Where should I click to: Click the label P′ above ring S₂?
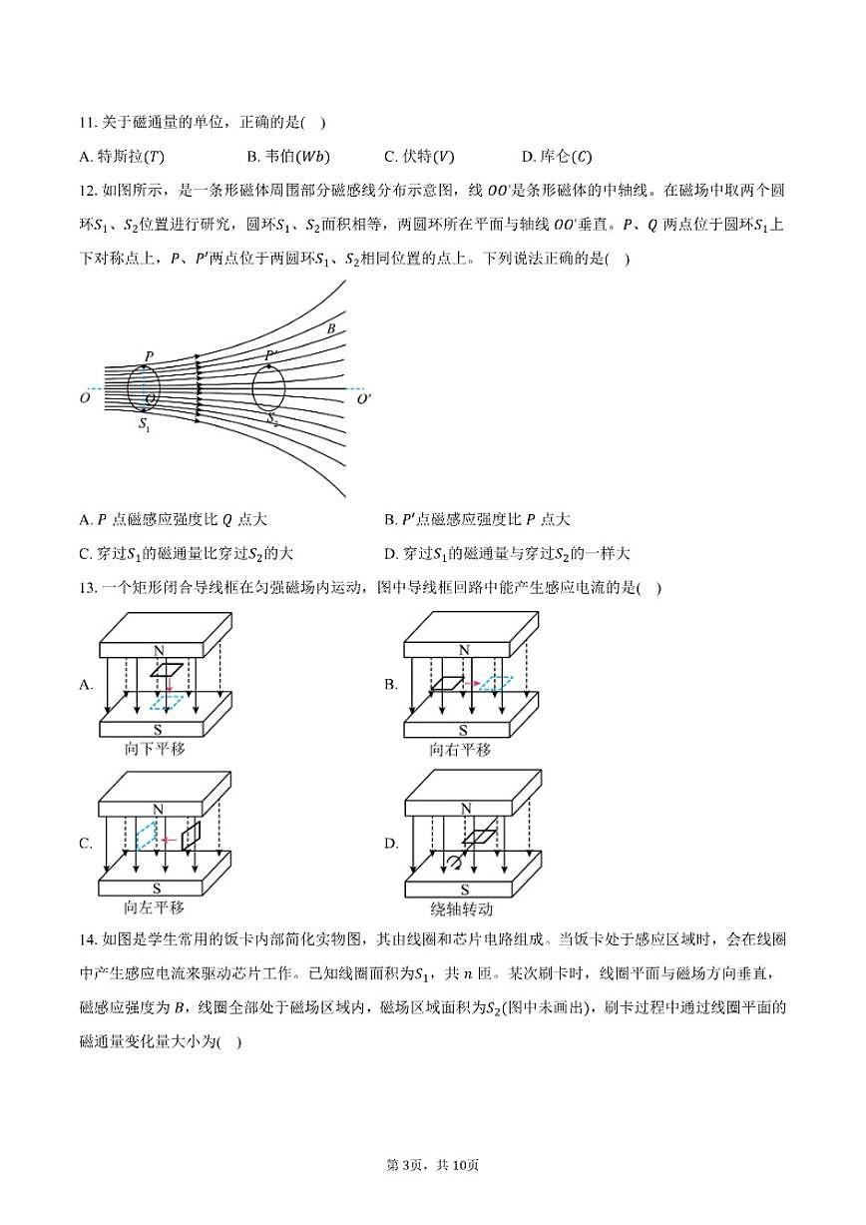[272, 355]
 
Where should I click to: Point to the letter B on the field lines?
[330, 327]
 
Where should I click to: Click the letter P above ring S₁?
[149, 356]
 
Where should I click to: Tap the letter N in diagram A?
[159, 650]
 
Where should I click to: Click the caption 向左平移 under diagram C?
[154, 908]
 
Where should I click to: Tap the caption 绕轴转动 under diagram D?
[462, 909]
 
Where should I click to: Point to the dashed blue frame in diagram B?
[495, 683]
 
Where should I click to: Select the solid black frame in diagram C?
[191, 835]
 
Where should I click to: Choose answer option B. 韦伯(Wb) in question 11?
[287, 156]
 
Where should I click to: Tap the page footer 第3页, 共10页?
[433, 1192]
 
